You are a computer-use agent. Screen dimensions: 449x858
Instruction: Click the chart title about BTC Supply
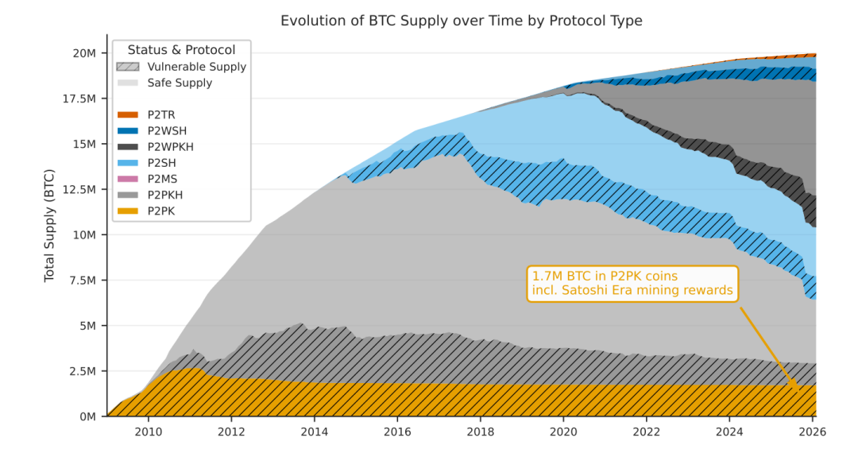coord(461,21)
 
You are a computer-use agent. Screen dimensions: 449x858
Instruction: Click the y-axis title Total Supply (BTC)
coord(49,225)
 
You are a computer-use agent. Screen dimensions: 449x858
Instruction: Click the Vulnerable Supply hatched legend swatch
coord(127,67)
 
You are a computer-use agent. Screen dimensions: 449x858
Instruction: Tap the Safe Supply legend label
coord(180,83)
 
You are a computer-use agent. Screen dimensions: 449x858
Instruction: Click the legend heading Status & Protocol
coord(181,50)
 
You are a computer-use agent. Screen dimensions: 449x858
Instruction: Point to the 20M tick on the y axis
coord(83,53)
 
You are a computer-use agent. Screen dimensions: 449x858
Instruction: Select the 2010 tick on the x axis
coord(149,432)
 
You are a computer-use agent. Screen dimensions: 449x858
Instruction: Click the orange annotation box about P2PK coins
coord(632,283)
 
